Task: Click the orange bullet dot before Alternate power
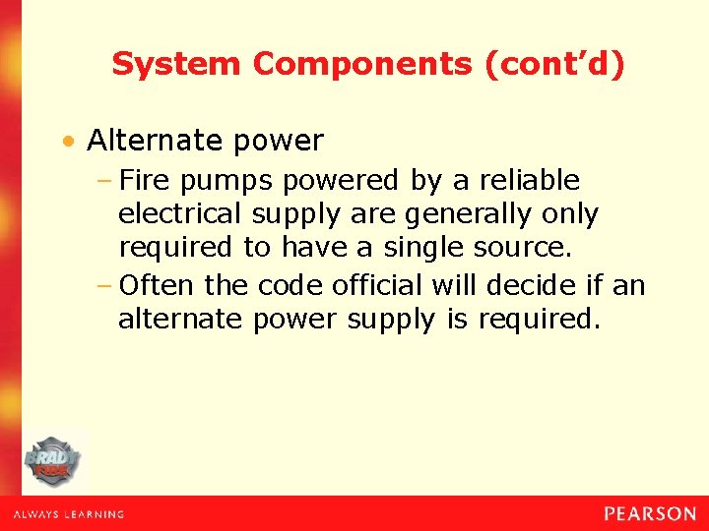click(68, 143)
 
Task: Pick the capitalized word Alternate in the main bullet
click(157, 142)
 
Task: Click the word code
click(290, 286)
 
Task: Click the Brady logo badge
click(54, 460)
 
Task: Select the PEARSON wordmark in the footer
click(650, 513)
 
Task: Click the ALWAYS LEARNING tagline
click(68, 514)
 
